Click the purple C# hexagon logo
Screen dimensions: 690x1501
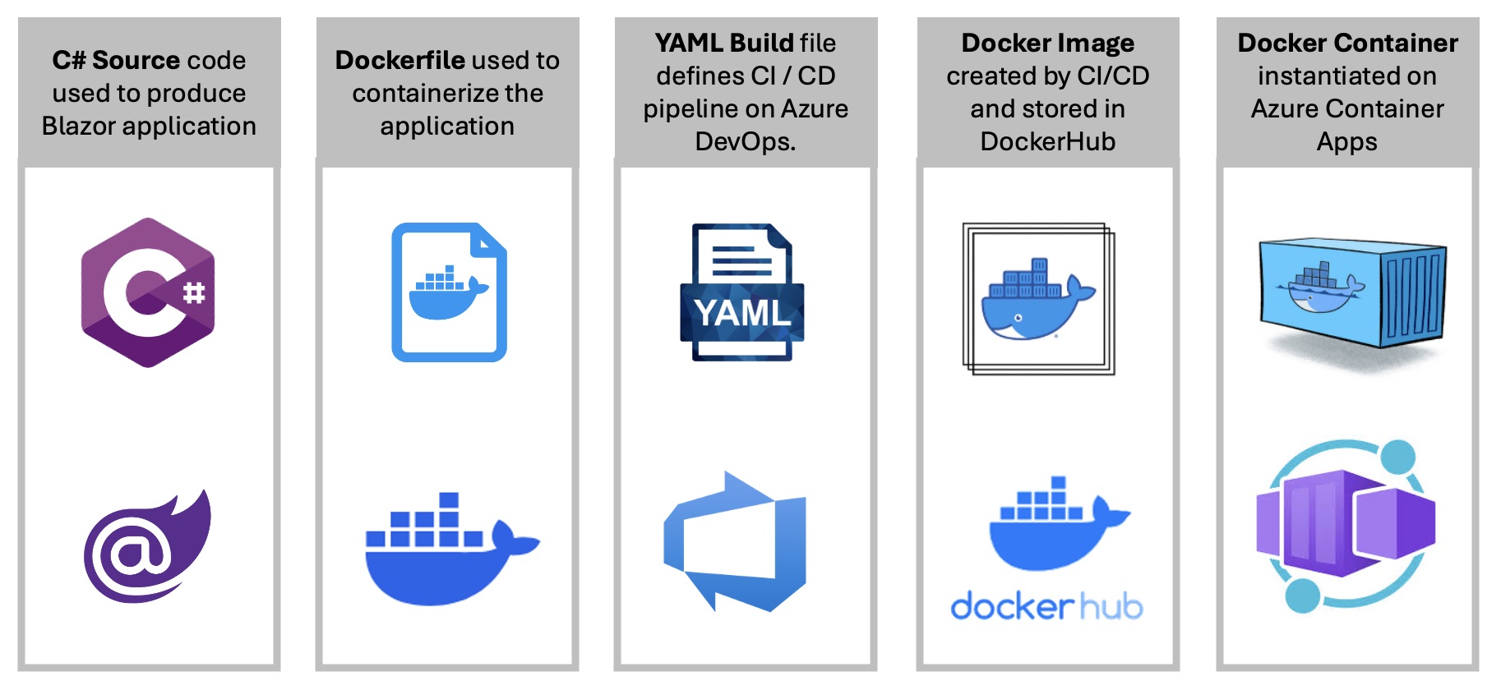pyautogui.click(x=148, y=292)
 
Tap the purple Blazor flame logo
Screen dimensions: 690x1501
pyautogui.click(x=148, y=546)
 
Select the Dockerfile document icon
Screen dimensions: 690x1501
pyautogui.click(x=449, y=292)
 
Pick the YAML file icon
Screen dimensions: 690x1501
pyautogui.click(x=742, y=292)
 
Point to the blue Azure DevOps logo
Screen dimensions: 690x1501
pyautogui.click(x=736, y=542)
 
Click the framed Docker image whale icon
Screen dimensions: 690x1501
pyautogui.click(x=1039, y=298)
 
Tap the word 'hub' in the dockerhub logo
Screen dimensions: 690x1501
pyautogui.click(x=1111, y=607)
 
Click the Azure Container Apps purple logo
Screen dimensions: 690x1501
pyautogui.click(x=1346, y=526)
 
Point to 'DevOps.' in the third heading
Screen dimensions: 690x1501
pyautogui.click(x=746, y=141)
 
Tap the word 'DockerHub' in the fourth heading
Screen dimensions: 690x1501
pyautogui.click(x=1048, y=141)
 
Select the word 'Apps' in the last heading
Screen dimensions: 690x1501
pyautogui.click(x=1346, y=141)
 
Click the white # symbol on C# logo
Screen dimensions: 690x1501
pyautogui.click(x=194, y=292)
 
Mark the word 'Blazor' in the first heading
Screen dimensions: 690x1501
pyautogui.click(x=79, y=126)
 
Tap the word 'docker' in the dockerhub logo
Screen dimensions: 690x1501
pyautogui.click(x=1012, y=607)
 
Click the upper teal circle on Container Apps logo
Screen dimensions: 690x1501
pyautogui.click(x=1397, y=457)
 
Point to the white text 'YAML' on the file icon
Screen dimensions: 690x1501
pyautogui.click(x=742, y=313)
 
